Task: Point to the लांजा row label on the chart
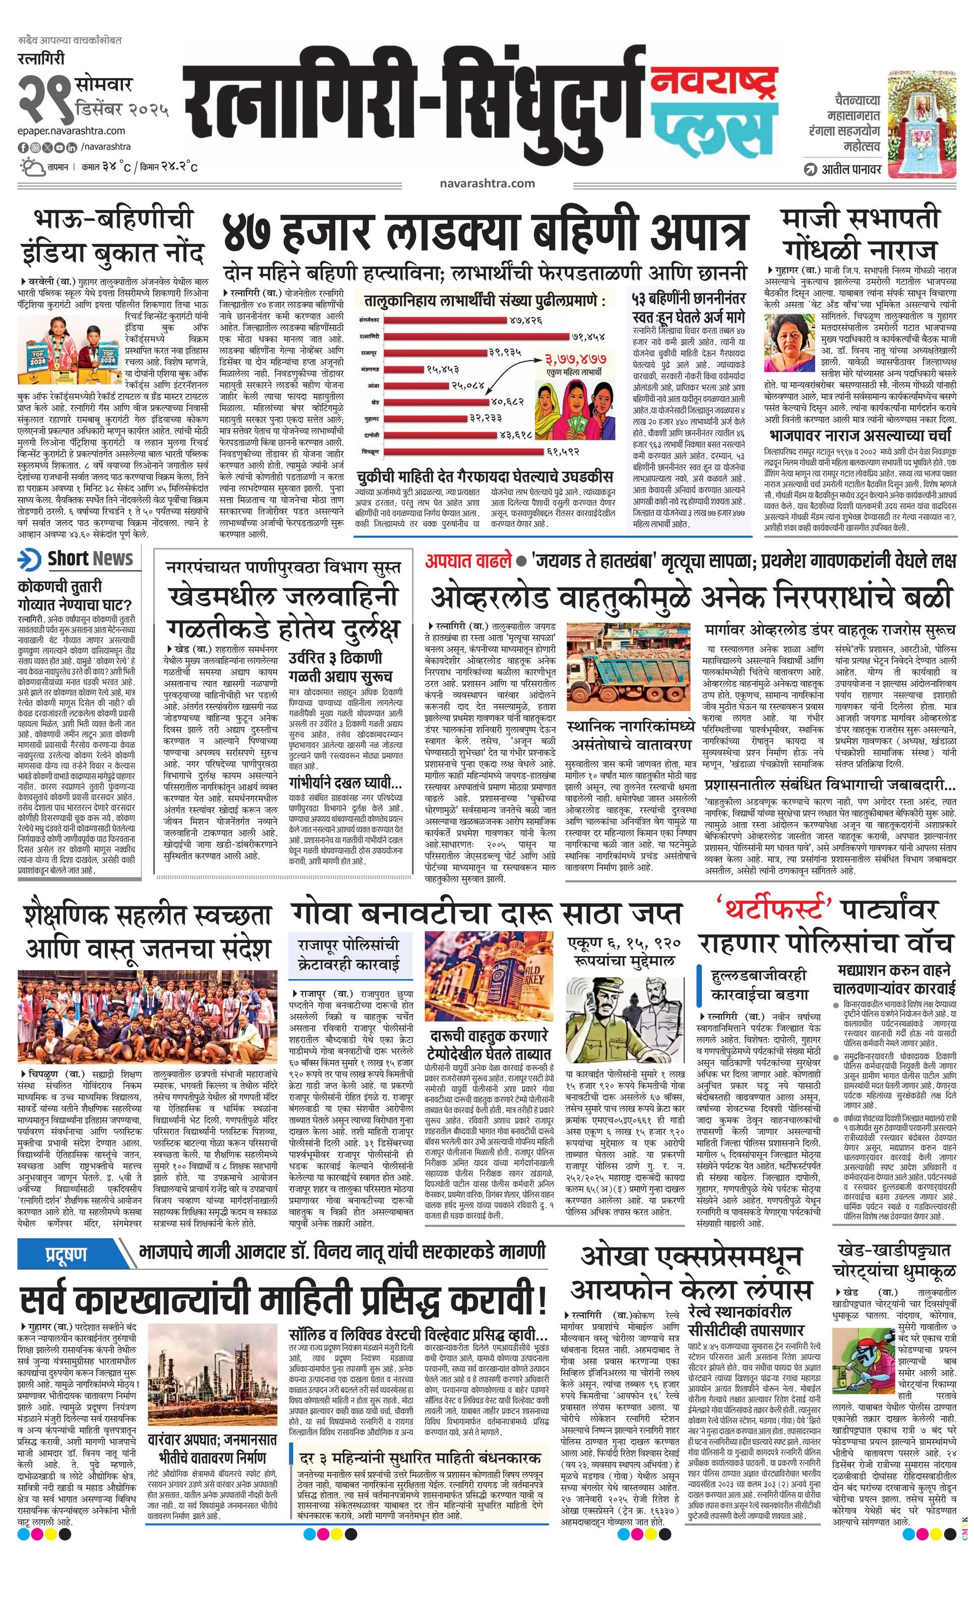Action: click(x=373, y=385)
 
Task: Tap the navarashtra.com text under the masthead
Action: click(x=486, y=183)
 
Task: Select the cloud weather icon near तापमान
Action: click(x=31, y=167)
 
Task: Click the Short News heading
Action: click(x=90, y=559)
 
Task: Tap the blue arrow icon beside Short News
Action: click(x=30, y=559)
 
